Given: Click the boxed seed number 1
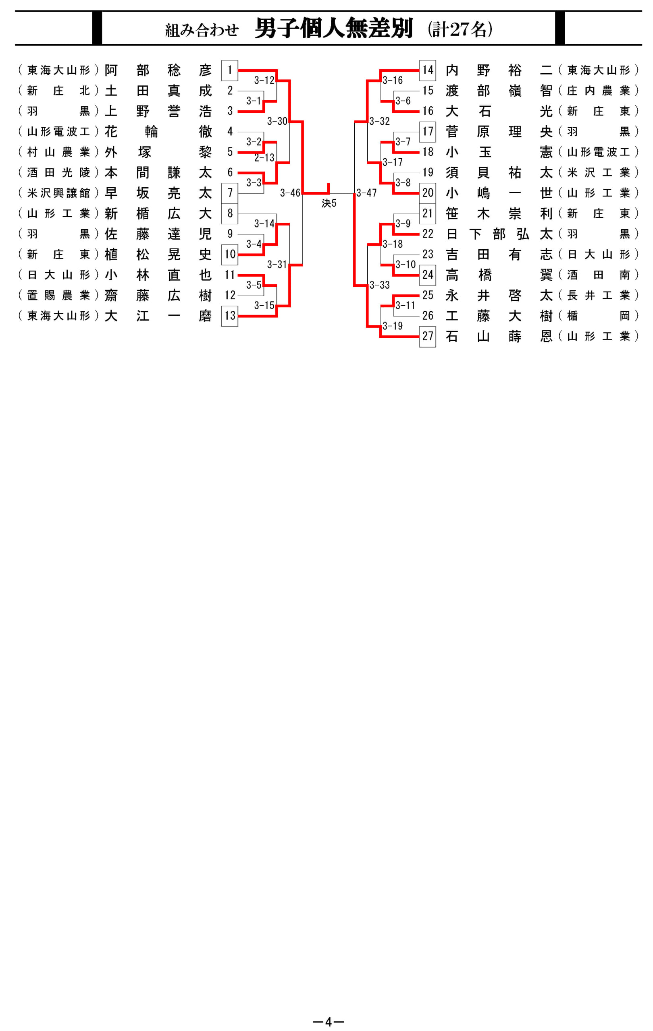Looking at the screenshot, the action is pos(230,70).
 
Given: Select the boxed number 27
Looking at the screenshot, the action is pos(428,336).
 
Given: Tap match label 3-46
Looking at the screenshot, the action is pos(290,193).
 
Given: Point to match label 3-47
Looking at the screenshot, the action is pos(366,193).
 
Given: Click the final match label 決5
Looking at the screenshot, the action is pos(329,203).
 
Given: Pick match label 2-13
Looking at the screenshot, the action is pos(264,157).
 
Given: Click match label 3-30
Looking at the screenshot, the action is pos(277,121).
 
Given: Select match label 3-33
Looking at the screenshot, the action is pos(380,285).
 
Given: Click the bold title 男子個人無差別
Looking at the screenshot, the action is pos(334,28).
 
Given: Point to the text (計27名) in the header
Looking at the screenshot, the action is pos(460,29).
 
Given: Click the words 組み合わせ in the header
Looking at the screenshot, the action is pos(202,30).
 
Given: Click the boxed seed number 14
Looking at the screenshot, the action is pos(428,70).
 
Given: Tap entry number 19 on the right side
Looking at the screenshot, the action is pos(428,172).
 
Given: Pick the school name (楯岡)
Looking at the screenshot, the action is pos(599,316).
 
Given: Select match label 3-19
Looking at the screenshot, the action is pos(393,326).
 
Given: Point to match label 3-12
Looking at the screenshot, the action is pos(264,80).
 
